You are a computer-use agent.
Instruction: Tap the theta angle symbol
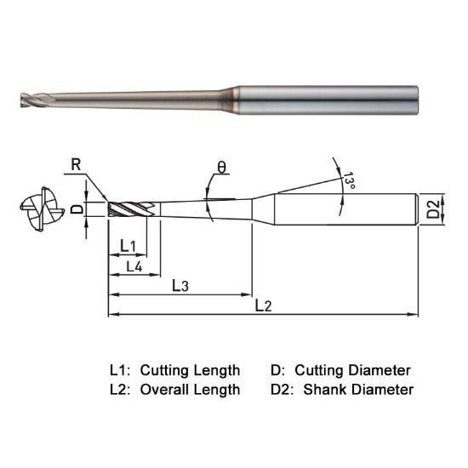tap(222, 168)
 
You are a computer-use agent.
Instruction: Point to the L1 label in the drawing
tap(128, 246)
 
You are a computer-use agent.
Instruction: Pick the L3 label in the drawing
tap(180, 285)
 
